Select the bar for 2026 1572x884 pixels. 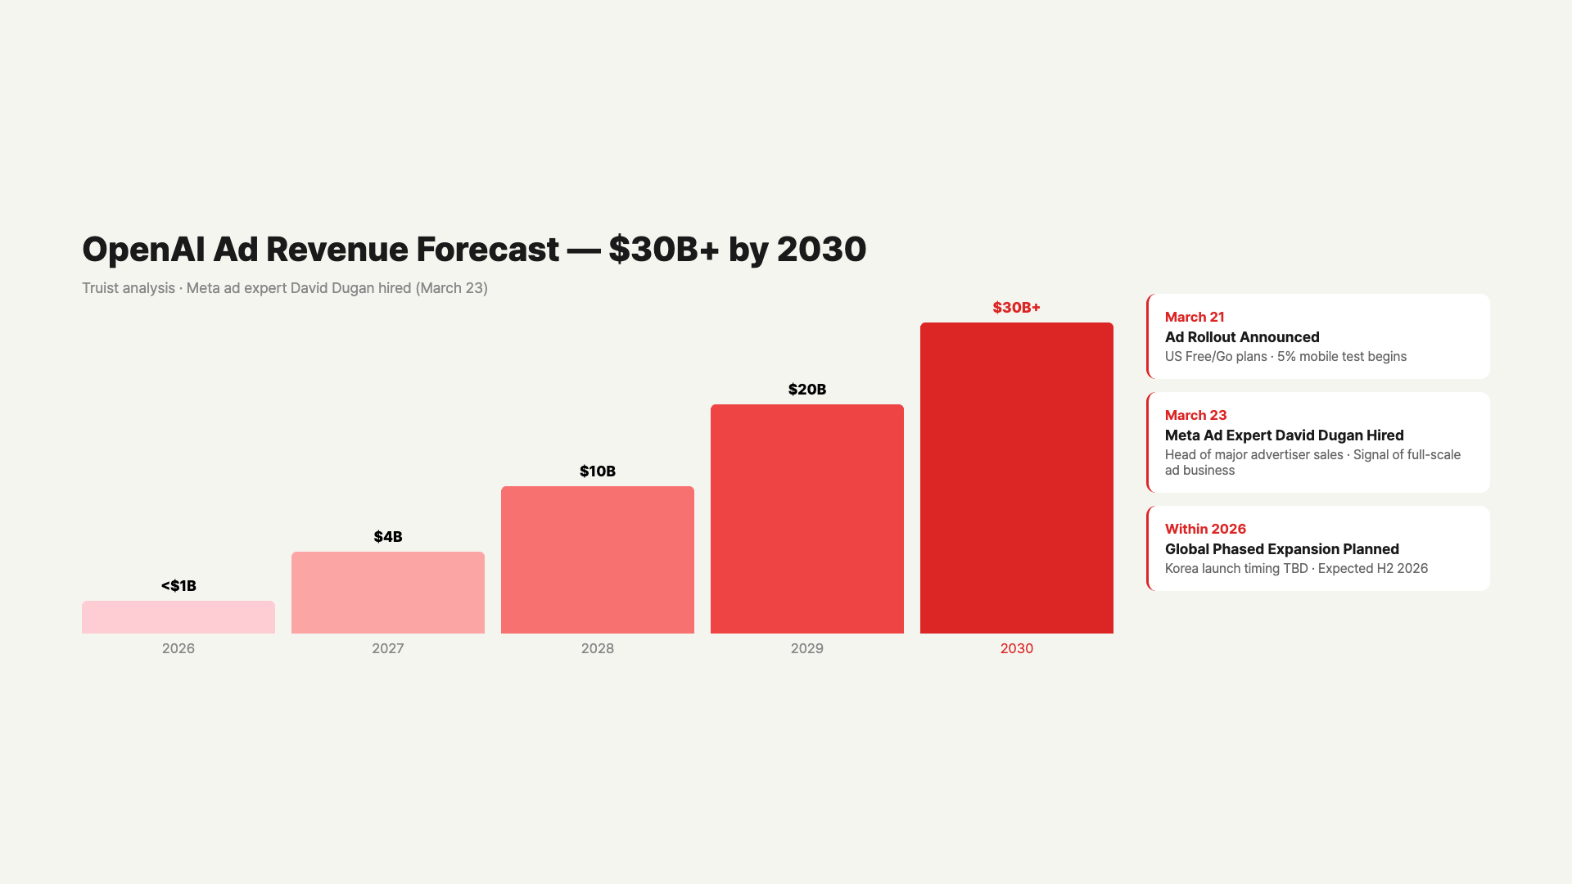point(178,617)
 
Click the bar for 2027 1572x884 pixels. point(388,593)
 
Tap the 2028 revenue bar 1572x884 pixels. point(598,560)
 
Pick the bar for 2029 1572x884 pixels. point(807,519)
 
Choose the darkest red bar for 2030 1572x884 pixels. point(1017,478)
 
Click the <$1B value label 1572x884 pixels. point(178,586)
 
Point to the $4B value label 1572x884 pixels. point(388,537)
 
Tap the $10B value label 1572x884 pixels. point(598,471)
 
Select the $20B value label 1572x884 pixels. point(807,390)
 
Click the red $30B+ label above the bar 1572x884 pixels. point(1017,308)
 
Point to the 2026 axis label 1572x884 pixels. point(178,648)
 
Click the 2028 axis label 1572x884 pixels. point(598,648)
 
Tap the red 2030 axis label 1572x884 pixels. point(1017,648)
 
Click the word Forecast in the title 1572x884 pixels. point(488,250)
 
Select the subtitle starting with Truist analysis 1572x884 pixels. point(285,288)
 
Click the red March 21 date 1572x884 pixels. point(1195,318)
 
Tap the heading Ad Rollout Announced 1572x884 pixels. point(1242,337)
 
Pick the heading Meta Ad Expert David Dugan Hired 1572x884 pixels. point(1285,435)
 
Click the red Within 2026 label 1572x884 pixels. point(1205,530)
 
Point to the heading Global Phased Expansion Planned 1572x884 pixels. point(1282,549)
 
